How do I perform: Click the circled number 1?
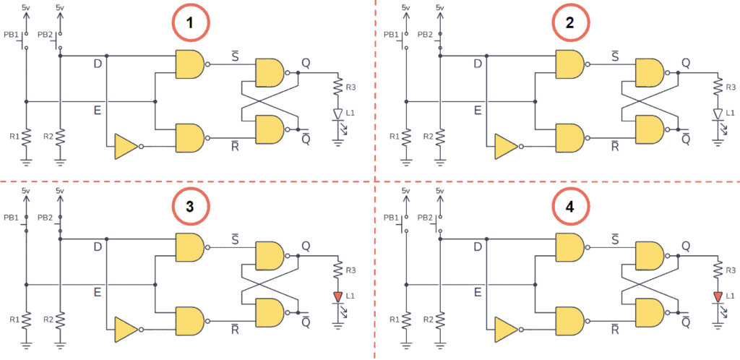190,22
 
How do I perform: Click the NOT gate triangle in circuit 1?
125,147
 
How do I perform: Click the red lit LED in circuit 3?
337,296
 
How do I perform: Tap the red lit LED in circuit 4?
717,296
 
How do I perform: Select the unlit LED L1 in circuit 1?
337,114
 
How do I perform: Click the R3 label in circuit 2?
731,87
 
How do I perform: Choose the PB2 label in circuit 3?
45,217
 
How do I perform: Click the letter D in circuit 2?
477,64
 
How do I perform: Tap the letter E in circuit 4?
477,293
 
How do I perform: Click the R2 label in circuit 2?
428,136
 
